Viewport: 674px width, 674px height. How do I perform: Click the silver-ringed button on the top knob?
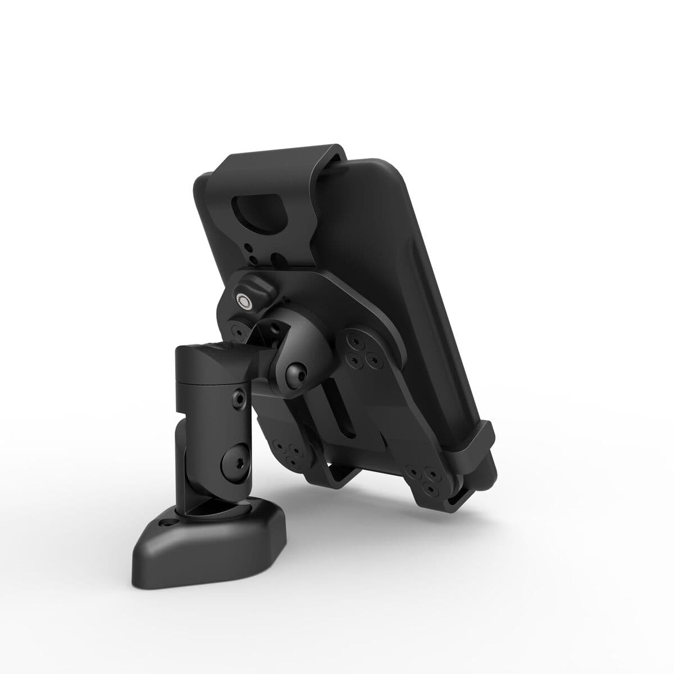click(x=245, y=301)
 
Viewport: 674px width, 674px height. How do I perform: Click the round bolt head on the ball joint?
click(x=295, y=372)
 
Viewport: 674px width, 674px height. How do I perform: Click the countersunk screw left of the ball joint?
click(x=235, y=331)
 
